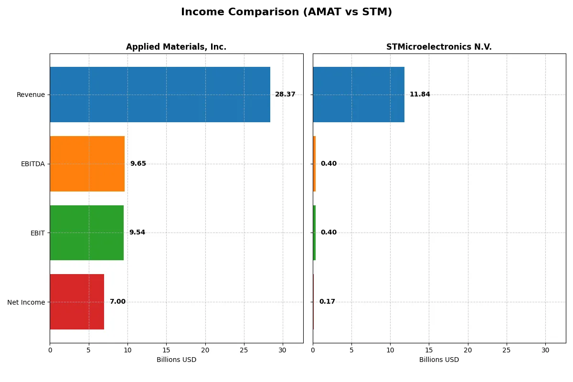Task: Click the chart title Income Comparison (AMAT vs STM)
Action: point(286,12)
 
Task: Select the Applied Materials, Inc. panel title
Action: point(176,47)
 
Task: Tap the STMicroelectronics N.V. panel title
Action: point(439,47)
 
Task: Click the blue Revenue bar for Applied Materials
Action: point(160,95)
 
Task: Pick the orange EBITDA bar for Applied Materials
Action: point(87,164)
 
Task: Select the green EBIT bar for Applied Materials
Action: point(86,233)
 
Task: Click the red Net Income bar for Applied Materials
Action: point(77,302)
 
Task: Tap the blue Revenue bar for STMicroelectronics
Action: point(359,95)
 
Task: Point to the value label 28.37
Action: point(285,95)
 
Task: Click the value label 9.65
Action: point(138,164)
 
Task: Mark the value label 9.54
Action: point(137,233)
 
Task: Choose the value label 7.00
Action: point(117,302)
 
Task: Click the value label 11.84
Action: point(420,95)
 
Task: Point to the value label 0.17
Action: point(327,302)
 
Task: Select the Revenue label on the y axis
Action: point(31,95)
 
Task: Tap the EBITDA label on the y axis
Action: point(32,164)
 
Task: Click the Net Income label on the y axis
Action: point(26,302)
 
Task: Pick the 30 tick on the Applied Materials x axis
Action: point(283,350)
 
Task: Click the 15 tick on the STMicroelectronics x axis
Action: point(429,350)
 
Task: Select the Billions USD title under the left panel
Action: point(176,360)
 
